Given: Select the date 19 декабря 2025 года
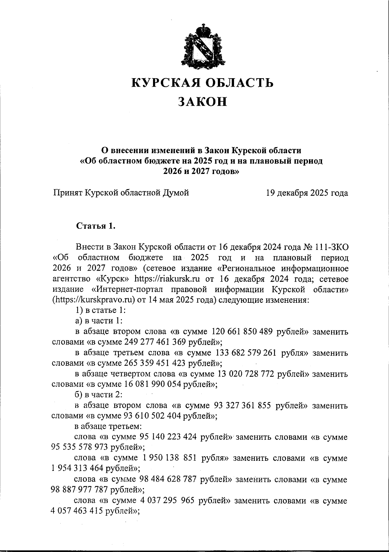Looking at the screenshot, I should coord(307,193).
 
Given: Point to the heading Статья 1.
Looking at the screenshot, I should coord(96,226).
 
